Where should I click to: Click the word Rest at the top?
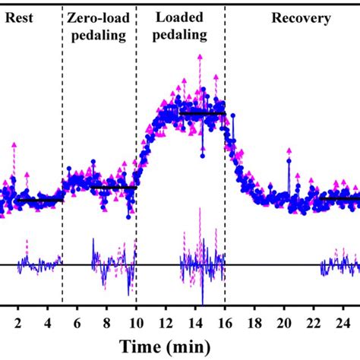(18, 19)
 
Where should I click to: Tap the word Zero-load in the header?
(97, 17)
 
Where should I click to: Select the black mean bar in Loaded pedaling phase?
(202, 113)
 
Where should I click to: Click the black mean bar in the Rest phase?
(38, 201)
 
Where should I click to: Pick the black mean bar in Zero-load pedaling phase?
(112, 187)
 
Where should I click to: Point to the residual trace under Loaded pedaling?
(202, 265)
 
